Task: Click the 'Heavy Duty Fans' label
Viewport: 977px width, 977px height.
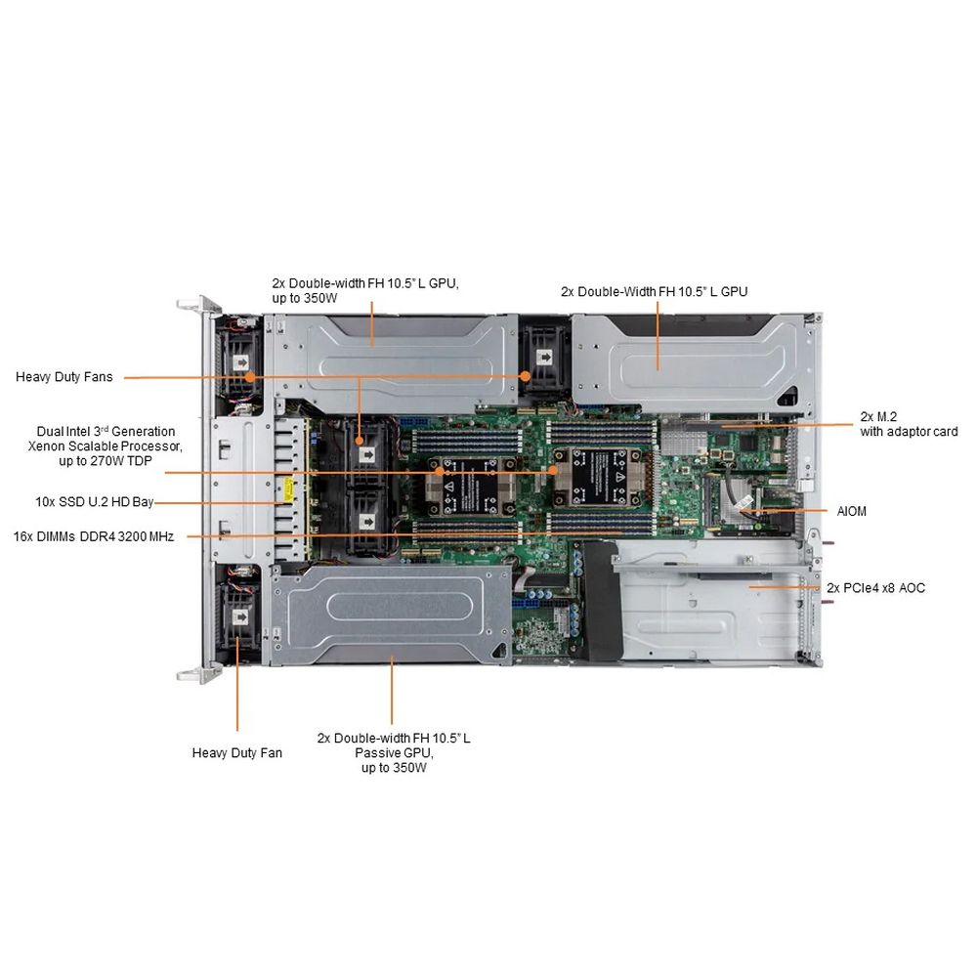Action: point(64,376)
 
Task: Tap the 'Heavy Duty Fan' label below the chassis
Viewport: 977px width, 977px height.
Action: point(236,752)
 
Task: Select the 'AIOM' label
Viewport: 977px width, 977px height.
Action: point(851,511)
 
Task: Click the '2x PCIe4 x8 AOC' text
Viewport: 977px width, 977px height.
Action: point(875,587)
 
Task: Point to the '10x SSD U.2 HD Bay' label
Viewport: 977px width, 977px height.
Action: point(94,502)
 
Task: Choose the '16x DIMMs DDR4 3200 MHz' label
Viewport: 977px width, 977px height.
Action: point(94,536)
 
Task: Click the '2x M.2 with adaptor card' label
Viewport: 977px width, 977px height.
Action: point(909,423)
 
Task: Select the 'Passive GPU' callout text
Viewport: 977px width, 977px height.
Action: point(394,753)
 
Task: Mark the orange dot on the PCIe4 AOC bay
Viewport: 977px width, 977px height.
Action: point(750,587)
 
